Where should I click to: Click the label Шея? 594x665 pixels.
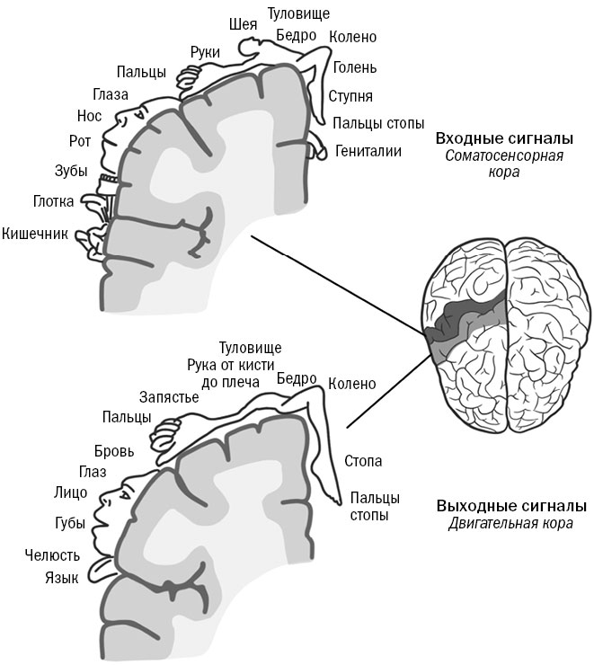(x=244, y=23)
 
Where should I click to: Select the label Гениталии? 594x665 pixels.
(x=368, y=151)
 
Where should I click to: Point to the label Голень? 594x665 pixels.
(x=355, y=67)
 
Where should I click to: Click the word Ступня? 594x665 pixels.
(x=350, y=96)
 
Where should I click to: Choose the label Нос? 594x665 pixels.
(x=90, y=115)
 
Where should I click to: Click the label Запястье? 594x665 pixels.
(x=169, y=396)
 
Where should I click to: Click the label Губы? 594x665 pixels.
(x=70, y=523)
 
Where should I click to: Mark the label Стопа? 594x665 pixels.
(x=363, y=461)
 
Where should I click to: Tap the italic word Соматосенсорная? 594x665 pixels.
(x=504, y=155)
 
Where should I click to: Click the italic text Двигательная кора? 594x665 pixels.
(x=510, y=523)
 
